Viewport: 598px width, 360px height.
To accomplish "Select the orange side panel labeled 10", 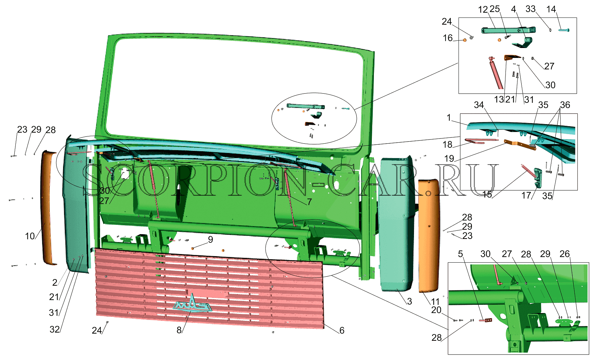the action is [49, 208].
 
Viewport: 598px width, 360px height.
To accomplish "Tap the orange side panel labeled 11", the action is [429, 236].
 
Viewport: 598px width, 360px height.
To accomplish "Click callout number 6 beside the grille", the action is [342, 330].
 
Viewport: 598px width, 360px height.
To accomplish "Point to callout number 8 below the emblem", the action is [179, 330].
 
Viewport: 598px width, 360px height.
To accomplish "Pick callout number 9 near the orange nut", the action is [210, 239].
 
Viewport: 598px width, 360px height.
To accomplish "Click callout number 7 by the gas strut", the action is [309, 202].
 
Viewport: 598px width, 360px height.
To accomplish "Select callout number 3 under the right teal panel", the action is [409, 301].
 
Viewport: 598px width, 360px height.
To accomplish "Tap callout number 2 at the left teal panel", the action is [55, 282].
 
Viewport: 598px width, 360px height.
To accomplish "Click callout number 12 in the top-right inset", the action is [483, 10].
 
